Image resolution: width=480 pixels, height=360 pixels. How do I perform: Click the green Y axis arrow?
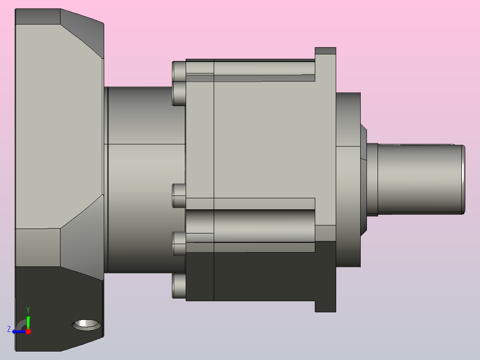(x=28, y=322)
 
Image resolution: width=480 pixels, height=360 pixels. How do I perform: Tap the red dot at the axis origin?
(x=28, y=331)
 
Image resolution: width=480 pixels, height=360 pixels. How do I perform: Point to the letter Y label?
(x=28, y=310)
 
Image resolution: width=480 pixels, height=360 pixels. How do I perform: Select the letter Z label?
(x=9, y=329)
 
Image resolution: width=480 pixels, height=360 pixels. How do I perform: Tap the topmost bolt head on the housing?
(x=179, y=71)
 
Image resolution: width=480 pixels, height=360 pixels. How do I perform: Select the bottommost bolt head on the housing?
(x=179, y=286)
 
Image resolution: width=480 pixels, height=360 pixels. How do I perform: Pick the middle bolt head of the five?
(x=179, y=196)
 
